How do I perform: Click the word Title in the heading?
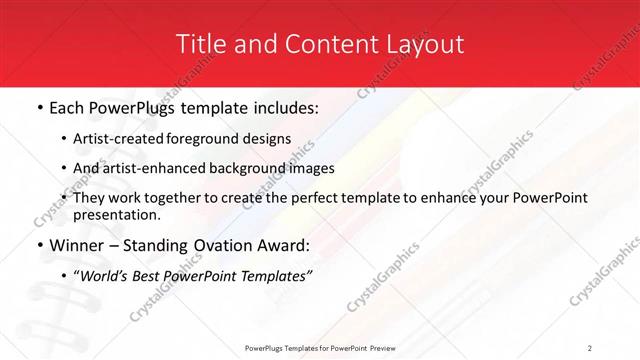[x=199, y=44]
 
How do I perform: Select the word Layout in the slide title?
[x=426, y=44]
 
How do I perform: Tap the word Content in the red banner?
[x=325, y=44]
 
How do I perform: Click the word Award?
[x=285, y=245]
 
